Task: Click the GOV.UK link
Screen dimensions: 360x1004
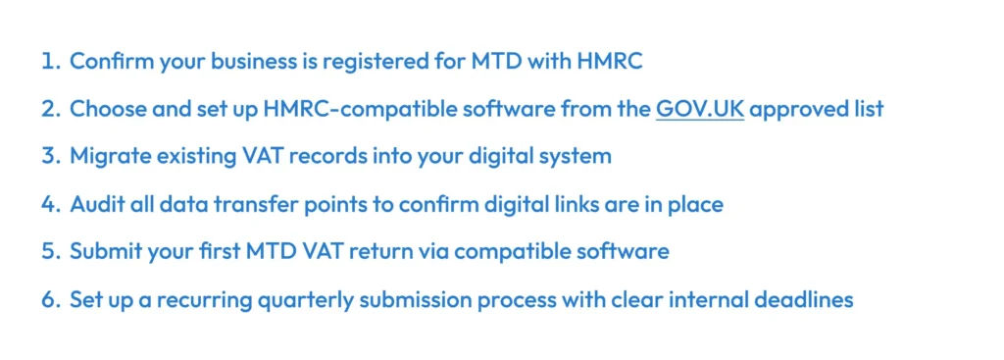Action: [699, 109]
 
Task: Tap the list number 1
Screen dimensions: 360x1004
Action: [49, 62]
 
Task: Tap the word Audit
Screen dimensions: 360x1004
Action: [94, 204]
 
